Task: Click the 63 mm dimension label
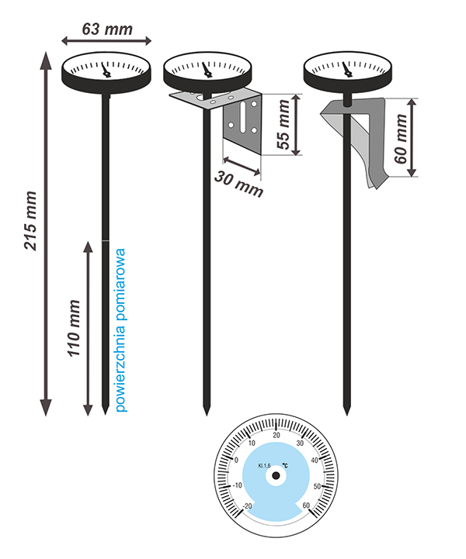[x=106, y=30]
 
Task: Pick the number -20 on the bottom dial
[x=248, y=506]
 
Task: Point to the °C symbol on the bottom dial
[x=285, y=465]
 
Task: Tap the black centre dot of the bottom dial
[x=276, y=478]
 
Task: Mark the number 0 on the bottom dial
[x=237, y=460]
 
